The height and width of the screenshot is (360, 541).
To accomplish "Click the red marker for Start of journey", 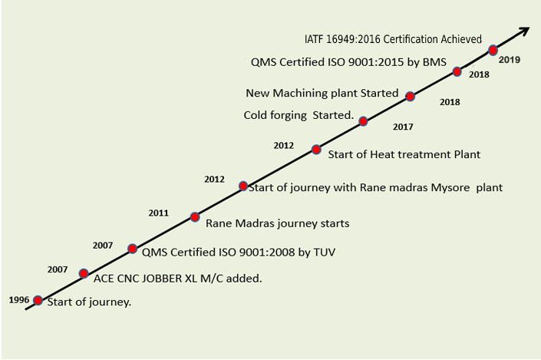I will (38, 301).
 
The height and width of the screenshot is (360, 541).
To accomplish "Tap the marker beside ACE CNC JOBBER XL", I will (84, 272).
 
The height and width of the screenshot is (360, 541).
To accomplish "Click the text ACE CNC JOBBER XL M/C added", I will (178, 278).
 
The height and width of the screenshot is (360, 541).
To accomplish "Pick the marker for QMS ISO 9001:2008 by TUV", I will (132, 248).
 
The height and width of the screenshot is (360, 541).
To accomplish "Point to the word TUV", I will (325, 251).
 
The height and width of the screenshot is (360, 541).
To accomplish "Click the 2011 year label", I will (160, 212).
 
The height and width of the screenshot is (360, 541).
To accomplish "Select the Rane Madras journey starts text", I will (278, 223).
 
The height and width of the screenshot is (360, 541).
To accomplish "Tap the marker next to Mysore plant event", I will (243, 186).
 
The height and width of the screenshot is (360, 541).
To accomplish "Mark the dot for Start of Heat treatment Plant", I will (315, 150).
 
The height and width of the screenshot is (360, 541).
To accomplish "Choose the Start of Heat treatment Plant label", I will (404, 154).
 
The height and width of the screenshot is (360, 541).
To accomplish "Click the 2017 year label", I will (403, 126).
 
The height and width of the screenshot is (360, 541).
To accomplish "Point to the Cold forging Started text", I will (298, 116).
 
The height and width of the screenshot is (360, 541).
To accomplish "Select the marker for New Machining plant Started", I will (411, 97).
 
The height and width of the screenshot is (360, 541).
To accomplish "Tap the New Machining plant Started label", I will (322, 93).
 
